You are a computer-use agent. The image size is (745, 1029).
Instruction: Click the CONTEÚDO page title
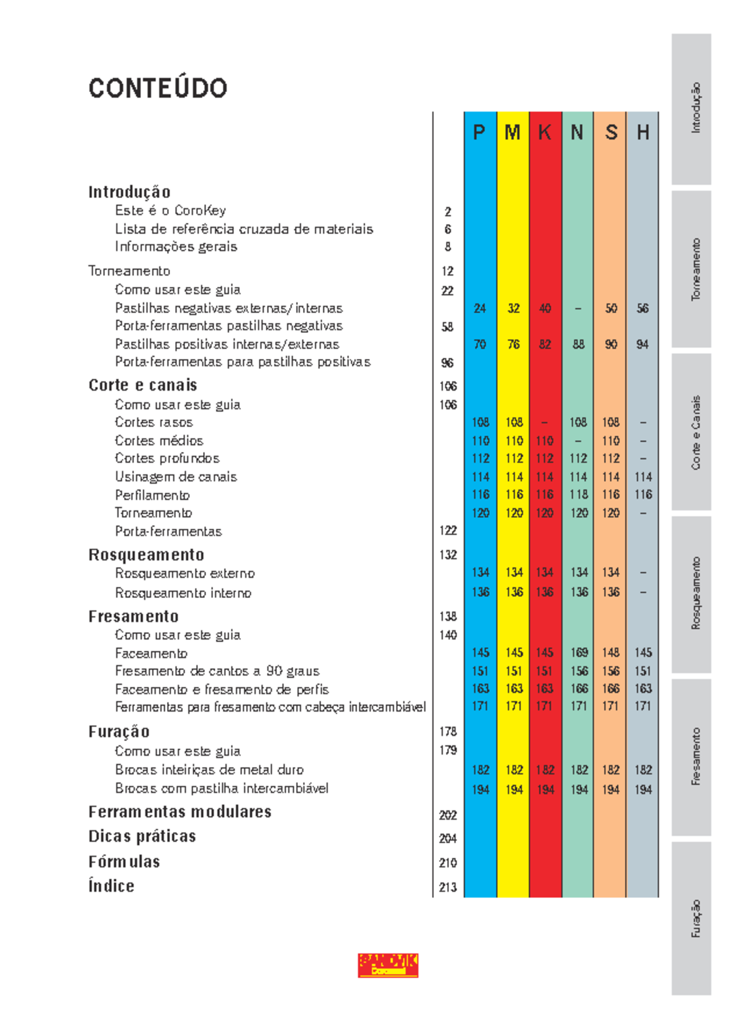[158, 88]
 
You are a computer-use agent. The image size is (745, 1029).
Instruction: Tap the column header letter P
[479, 132]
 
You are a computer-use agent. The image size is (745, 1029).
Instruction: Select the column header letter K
[544, 132]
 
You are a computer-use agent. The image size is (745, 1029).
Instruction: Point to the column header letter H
[643, 132]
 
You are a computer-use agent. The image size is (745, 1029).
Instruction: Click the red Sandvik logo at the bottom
[388, 965]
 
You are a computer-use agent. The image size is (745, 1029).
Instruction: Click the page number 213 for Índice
[448, 887]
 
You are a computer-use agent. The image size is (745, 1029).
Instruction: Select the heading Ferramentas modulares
[179, 812]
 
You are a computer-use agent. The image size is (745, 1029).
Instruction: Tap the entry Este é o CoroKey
[170, 211]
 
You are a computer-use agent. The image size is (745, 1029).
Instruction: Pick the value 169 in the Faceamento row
[579, 653]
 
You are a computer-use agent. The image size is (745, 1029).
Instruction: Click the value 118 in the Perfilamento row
[579, 494]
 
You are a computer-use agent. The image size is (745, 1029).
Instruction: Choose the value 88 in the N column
[578, 344]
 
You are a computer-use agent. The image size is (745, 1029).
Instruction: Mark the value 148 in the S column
[610, 653]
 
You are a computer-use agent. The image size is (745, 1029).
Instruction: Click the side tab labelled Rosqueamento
[691, 593]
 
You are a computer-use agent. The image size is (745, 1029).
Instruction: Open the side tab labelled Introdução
[691, 108]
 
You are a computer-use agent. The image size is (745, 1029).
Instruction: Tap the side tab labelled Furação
[691, 918]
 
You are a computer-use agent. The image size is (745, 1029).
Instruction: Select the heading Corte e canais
[142, 385]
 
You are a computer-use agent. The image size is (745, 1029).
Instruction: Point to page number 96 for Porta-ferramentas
[447, 363]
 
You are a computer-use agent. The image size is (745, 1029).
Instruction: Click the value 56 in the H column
[643, 308]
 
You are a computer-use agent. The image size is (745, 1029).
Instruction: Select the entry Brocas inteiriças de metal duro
[209, 769]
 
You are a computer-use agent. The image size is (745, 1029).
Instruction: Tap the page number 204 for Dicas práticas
[448, 838]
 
